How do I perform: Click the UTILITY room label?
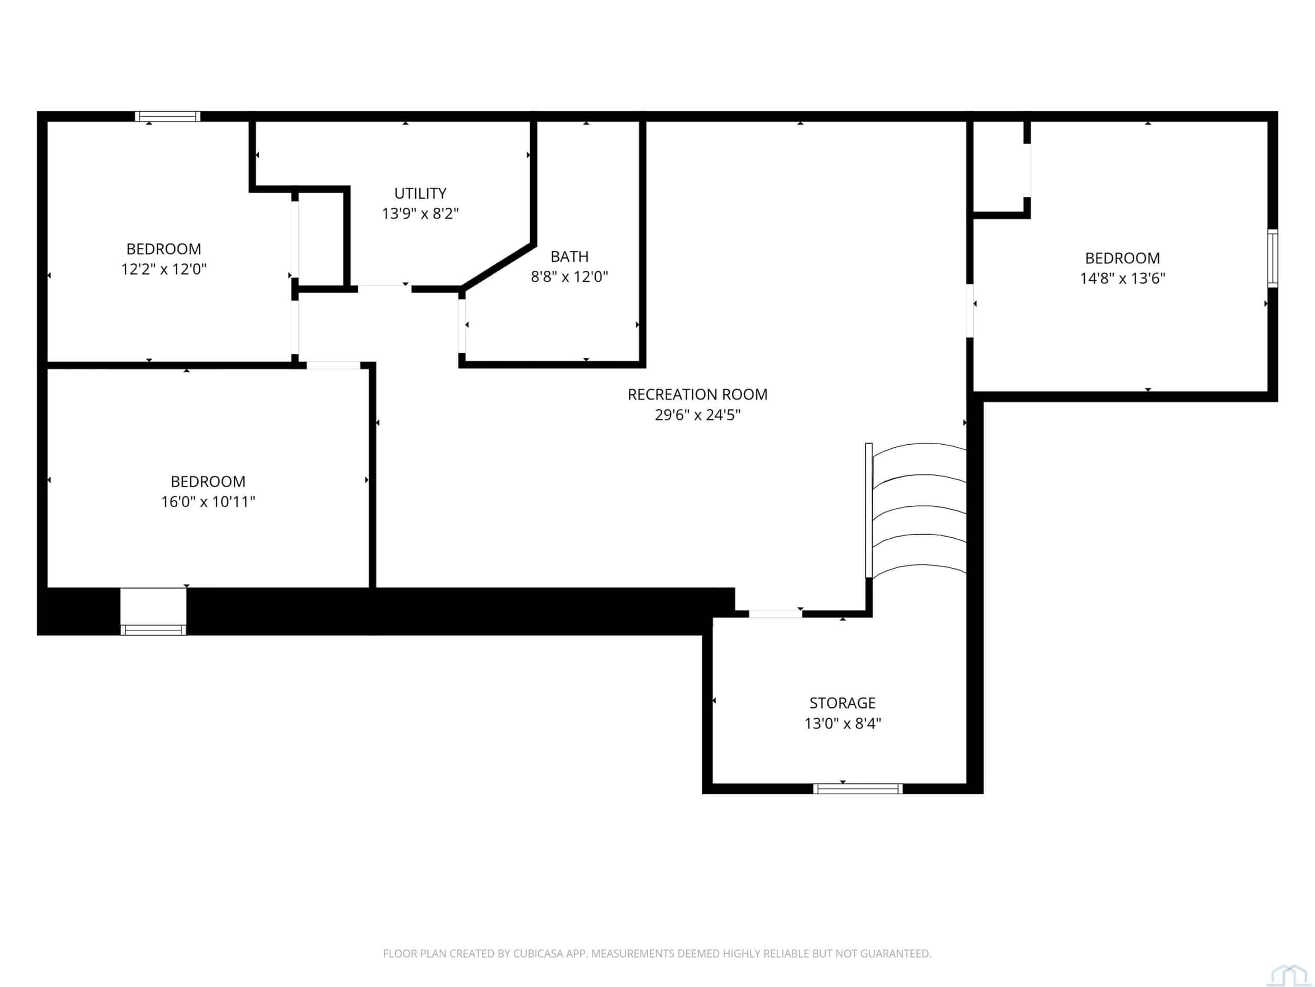point(420,193)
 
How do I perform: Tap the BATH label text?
point(570,257)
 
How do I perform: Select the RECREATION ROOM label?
point(698,394)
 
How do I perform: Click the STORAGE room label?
point(842,703)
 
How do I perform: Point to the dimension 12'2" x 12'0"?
point(164,269)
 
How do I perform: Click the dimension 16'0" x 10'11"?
point(208,502)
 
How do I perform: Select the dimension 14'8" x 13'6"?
point(1122,278)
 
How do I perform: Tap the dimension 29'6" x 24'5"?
point(698,415)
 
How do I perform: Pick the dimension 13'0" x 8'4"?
point(842,723)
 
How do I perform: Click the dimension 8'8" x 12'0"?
point(570,277)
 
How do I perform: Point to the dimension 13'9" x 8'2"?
point(420,213)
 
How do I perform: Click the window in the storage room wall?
point(858,789)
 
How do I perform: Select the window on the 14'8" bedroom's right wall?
point(1273,259)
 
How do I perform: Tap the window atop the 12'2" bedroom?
point(167,117)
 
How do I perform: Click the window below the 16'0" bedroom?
point(154,629)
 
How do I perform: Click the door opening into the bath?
point(462,326)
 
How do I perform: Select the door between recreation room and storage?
point(775,614)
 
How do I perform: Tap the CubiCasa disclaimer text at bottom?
point(657,954)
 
